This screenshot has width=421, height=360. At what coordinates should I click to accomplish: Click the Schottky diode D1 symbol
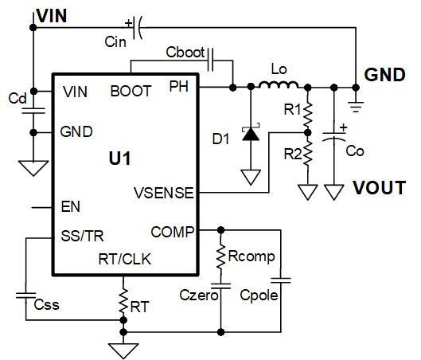point(251,134)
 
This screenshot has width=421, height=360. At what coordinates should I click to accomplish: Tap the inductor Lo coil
point(279,84)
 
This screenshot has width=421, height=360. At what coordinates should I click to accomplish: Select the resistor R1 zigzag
point(308,114)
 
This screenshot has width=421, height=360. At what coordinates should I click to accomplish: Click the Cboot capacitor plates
point(210,60)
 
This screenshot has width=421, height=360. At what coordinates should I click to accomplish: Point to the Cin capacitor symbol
point(137,27)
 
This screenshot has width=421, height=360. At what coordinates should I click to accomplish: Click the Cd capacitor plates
point(33,111)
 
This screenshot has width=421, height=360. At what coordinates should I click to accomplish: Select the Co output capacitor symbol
point(334,135)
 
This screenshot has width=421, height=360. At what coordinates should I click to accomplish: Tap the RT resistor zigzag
point(123,300)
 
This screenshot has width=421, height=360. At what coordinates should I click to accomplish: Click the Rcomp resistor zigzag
point(220,256)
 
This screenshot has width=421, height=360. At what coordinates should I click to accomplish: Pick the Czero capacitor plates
point(220,286)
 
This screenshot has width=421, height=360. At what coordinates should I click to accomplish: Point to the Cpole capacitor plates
point(281,280)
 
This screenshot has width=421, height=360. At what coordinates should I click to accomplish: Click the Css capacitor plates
point(25,295)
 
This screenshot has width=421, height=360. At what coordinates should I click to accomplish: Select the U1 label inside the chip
point(119,158)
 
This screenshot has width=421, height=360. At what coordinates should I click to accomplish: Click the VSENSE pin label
point(164,193)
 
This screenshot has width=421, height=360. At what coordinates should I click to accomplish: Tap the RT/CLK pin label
point(125,260)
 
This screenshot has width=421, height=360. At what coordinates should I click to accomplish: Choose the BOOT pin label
point(131,91)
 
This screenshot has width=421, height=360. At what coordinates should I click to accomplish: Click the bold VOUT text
point(379,187)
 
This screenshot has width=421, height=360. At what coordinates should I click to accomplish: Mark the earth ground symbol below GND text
point(356,107)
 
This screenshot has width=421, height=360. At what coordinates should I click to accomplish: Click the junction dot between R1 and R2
point(308,132)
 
